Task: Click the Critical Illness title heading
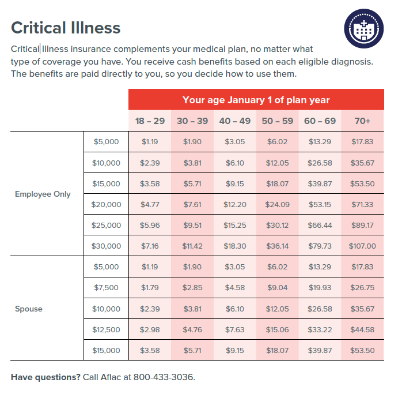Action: (x=66, y=28)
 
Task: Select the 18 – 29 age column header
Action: (x=150, y=121)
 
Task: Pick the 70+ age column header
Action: (x=363, y=121)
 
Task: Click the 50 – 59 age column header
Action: (x=277, y=121)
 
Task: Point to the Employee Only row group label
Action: (x=43, y=194)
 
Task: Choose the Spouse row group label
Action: (x=29, y=309)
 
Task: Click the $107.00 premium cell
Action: (x=362, y=246)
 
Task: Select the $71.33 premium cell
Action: (x=362, y=204)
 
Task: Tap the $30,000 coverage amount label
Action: (x=107, y=246)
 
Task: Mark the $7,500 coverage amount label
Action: (x=107, y=287)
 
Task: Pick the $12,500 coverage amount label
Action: (x=107, y=329)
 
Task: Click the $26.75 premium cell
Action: (x=362, y=287)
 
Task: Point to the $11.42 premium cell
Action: (x=192, y=246)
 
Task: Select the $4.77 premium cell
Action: (x=150, y=204)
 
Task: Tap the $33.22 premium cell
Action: (x=320, y=329)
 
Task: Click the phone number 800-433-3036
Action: (x=164, y=377)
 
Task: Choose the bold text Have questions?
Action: (x=45, y=377)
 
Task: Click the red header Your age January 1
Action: (x=256, y=100)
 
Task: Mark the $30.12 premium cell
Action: (x=277, y=225)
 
